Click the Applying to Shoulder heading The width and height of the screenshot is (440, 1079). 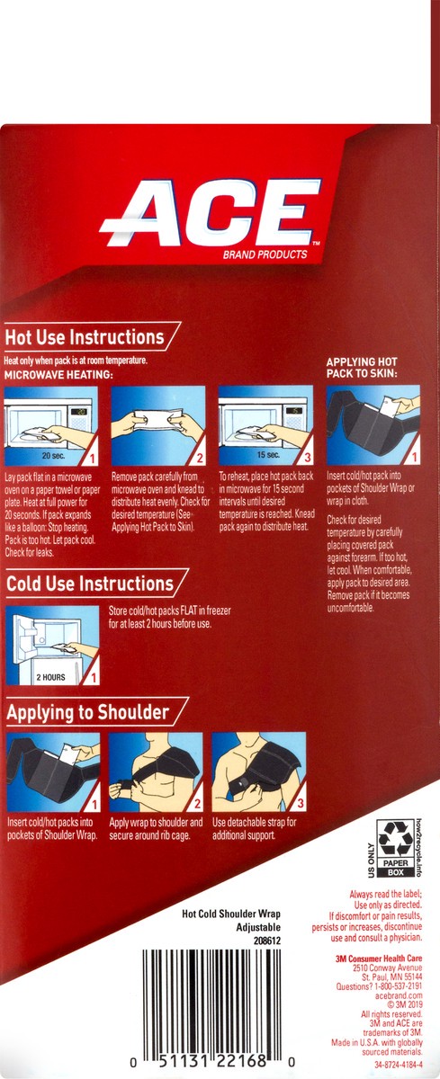[x=87, y=713]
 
